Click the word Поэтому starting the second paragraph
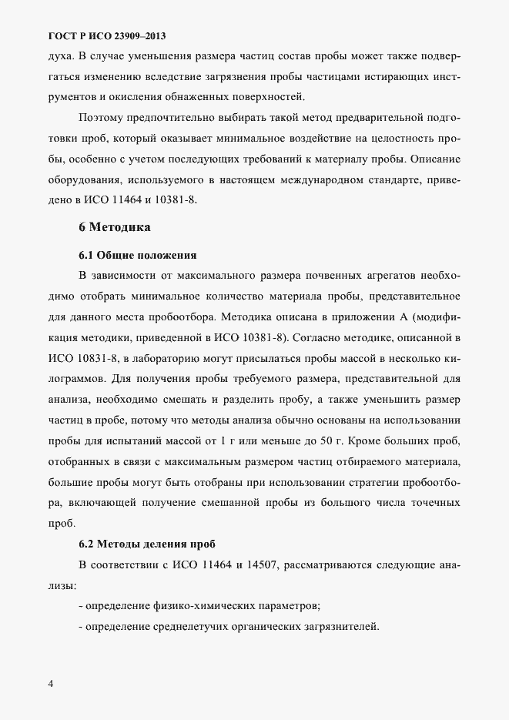[101, 118]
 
